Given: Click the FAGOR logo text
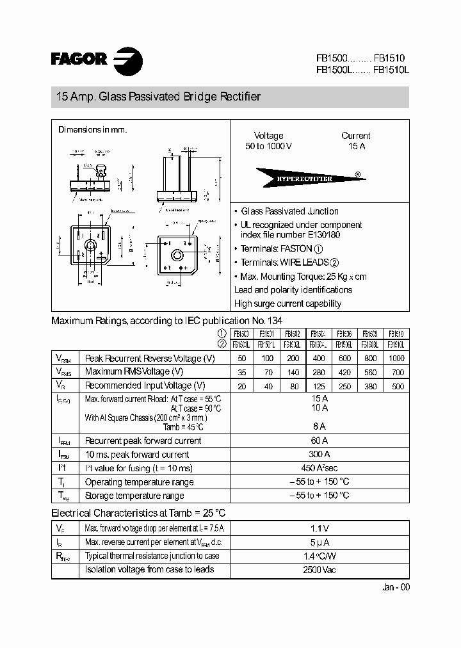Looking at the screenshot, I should tap(79, 60).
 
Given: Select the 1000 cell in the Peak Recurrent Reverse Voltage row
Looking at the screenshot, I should tap(396, 358).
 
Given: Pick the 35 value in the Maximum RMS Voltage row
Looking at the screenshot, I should tap(242, 371).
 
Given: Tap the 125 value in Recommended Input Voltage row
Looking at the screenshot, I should tap(319, 385).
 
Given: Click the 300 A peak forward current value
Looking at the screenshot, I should tap(319, 454).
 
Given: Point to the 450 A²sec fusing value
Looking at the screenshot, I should tap(319, 468).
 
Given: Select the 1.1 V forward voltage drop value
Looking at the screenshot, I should tap(319, 528).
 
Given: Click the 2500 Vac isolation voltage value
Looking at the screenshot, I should tap(319, 569).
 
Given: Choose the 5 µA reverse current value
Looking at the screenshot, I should tap(319, 542).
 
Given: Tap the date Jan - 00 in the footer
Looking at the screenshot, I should tap(395, 587).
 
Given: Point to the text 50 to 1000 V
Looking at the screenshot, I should tap(268, 147).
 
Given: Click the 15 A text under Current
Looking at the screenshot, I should tap(356, 147).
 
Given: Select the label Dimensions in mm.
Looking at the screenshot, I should tap(92, 130).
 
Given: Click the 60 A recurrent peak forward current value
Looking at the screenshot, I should tap(319, 441).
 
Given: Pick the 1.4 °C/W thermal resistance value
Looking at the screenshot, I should tap(319, 556).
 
